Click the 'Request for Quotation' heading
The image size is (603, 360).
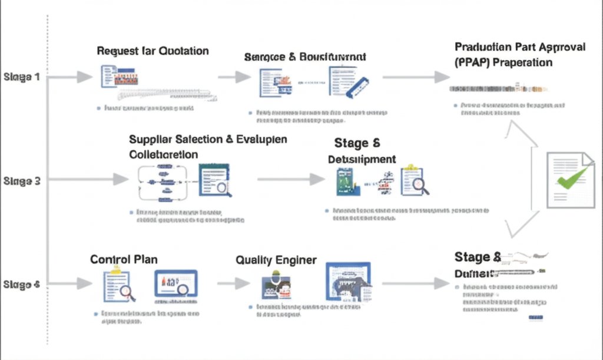[x=153, y=51]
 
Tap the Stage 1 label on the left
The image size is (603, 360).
[x=22, y=77]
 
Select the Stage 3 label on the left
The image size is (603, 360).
[x=22, y=181]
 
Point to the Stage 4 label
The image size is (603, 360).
[x=22, y=285]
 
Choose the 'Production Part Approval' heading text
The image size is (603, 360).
[x=520, y=47]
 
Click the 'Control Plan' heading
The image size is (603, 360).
[x=124, y=259]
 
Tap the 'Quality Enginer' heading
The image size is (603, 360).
[x=276, y=260]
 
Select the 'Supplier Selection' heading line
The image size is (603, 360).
[x=208, y=140]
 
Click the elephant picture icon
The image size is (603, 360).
[x=348, y=284]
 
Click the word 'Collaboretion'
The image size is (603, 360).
[x=163, y=154]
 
